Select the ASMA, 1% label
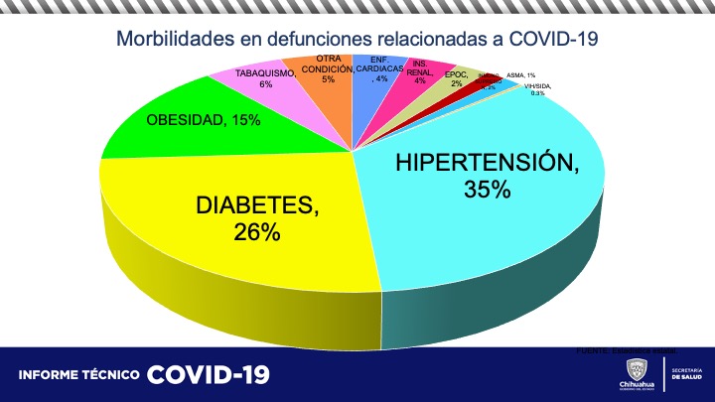[x=520, y=75]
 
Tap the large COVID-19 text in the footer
[x=208, y=375]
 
